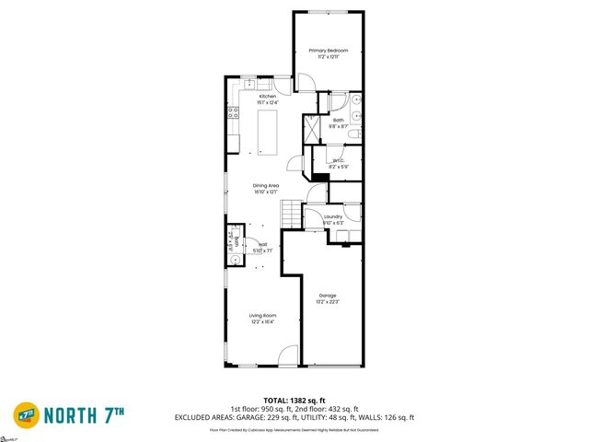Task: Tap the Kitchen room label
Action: click(x=267, y=97)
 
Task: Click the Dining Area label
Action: click(x=266, y=186)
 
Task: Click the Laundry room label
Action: click(x=333, y=217)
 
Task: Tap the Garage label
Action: click(x=328, y=296)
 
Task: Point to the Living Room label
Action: click(x=262, y=316)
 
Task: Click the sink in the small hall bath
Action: click(x=233, y=261)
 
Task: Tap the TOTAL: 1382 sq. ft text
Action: click(x=294, y=401)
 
